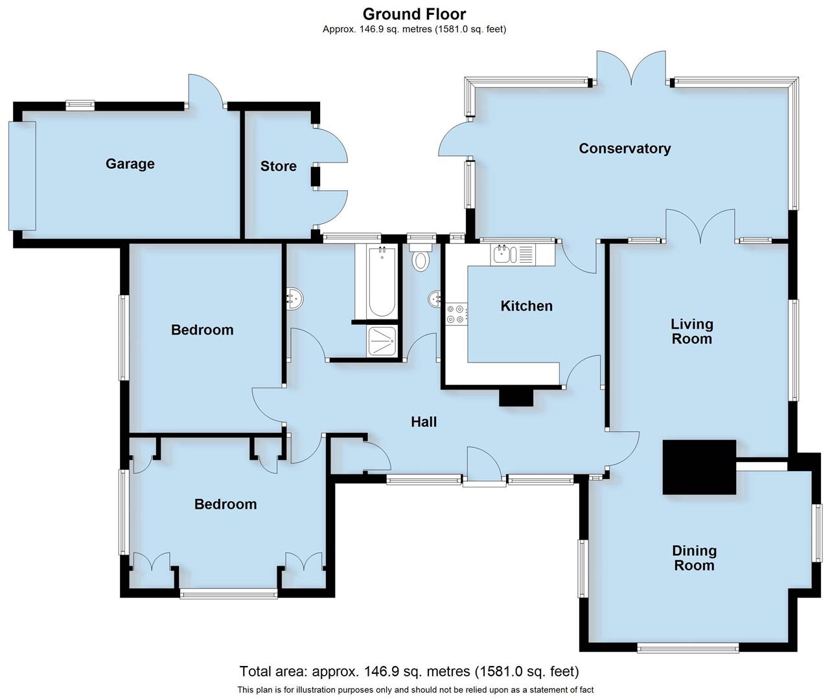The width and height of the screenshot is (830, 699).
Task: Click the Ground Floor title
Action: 414,14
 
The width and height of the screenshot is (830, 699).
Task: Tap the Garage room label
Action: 130,164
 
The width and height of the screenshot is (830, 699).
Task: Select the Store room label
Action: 279,166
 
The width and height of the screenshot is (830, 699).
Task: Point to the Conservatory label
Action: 625,148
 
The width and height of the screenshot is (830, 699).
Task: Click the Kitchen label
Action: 526,306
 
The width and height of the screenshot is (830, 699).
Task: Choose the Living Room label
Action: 691,331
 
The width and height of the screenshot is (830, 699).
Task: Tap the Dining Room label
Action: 694,558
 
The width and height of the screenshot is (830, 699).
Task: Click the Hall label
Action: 424,422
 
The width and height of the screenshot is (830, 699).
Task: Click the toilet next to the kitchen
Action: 421,257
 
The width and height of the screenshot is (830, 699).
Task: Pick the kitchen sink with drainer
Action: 513,254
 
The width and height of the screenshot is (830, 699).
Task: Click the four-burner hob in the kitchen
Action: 455,314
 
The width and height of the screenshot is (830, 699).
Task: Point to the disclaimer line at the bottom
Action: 415,690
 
